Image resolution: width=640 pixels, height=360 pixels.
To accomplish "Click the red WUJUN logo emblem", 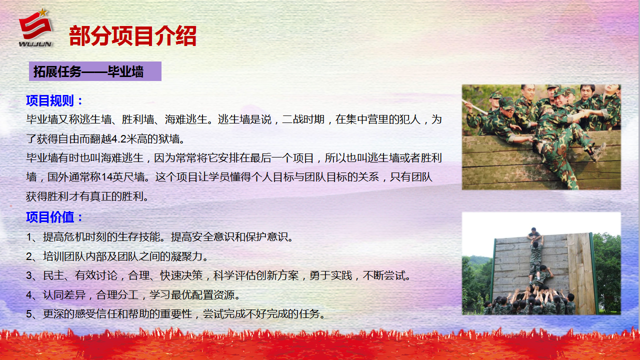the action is (35, 25).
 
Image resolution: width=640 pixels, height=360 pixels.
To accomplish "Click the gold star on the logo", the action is (43, 12).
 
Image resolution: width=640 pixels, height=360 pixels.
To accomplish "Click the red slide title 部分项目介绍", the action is (133, 35).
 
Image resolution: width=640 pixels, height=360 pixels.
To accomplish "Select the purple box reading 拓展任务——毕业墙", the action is (95, 71).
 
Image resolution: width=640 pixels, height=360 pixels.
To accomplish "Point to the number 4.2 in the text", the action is (119, 139).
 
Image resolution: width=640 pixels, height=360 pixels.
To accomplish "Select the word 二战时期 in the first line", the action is (303, 119).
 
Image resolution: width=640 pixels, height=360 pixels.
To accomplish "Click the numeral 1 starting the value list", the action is (29, 237).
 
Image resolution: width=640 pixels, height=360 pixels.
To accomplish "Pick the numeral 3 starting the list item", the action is (29, 275).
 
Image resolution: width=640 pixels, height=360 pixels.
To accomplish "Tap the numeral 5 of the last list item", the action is (29, 314).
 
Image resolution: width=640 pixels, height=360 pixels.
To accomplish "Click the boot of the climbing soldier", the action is (599, 151).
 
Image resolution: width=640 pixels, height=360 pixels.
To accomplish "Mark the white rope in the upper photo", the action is (475, 107).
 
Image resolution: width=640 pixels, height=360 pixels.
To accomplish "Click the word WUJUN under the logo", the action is (35, 44).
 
